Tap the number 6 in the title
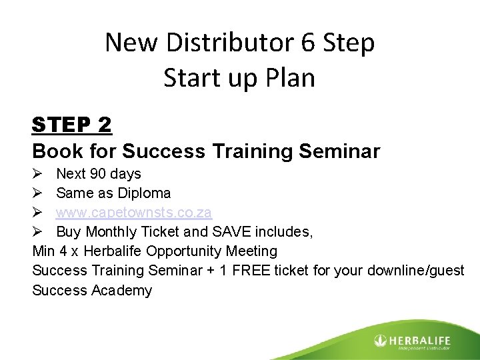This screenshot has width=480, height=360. click(x=308, y=43)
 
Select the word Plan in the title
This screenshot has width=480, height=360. click(x=288, y=78)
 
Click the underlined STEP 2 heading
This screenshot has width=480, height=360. click(x=72, y=125)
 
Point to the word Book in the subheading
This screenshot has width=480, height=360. click(x=53, y=151)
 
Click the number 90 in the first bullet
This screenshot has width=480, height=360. click(x=97, y=174)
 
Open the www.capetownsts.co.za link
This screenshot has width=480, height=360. click(x=134, y=213)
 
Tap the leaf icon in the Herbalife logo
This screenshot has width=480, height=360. click(x=381, y=340)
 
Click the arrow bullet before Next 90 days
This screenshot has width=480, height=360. click(x=38, y=174)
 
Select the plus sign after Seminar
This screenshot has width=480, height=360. click(x=181, y=271)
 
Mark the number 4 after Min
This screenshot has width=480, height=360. click(x=62, y=251)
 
